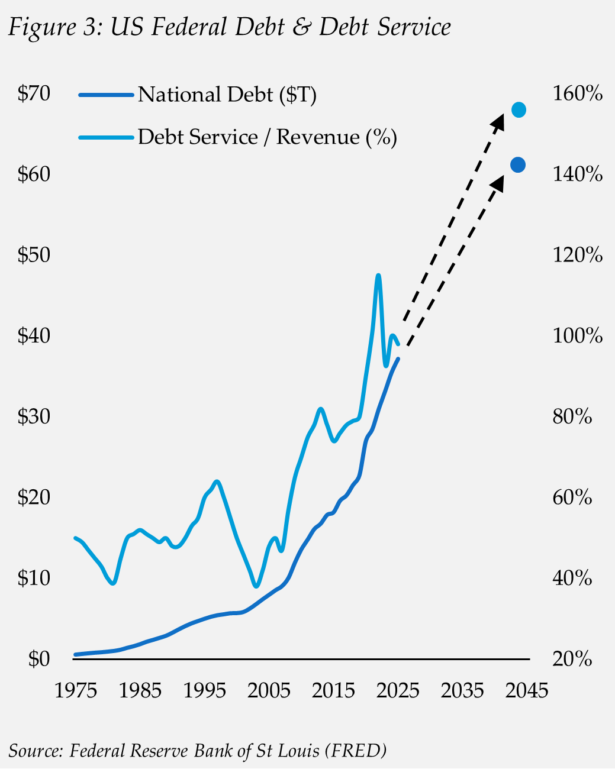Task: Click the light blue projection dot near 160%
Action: pyautogui.click(x=519, y=110)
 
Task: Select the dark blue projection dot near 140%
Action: pyautogui.click(x=517, y=165)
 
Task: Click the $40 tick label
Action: pyautogui.click(x=34, y=336)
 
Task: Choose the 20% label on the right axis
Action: pyautogui.click(x=572, y=658)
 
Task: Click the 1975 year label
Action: pyautogui.click(x=76, y=690)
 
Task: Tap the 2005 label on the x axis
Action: pyautogui.click(x=269, y=690)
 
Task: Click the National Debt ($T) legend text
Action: pyautogui.click(x=227, y=95)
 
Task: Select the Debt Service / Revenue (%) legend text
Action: pyautogui.click(x=267, y=137)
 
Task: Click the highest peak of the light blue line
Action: pyautogui.click(x=378, y=275)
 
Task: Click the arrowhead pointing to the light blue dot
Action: pyautogui.click(x=498, y=122)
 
